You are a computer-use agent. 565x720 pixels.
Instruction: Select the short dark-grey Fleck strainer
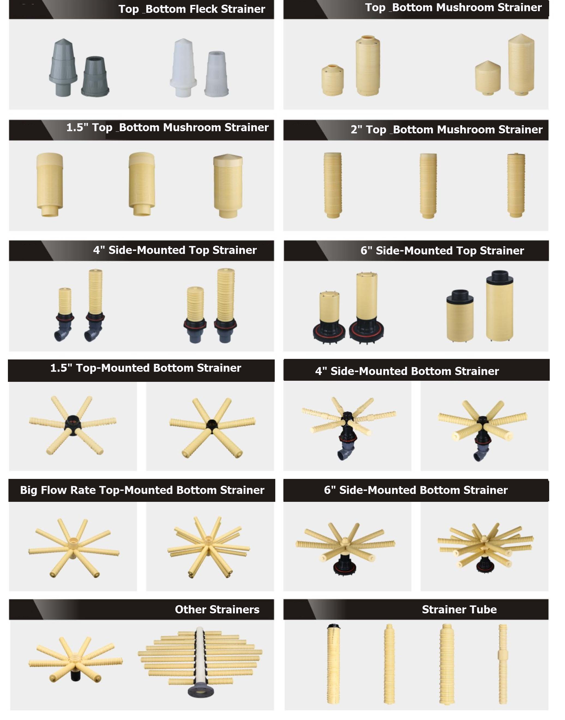[x=95, y=76]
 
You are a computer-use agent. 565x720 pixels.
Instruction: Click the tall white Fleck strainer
[x=183, y=68]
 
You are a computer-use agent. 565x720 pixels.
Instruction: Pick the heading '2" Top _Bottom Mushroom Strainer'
[x=447, y=130]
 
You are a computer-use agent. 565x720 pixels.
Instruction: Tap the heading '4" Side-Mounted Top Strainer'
[x=175, y=250]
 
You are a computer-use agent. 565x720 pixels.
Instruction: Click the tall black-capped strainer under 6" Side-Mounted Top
[x=500, y=306]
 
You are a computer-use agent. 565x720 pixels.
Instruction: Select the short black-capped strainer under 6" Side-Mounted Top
[x=460, y=316]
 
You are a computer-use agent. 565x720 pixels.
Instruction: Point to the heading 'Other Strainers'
[x=217, y=610]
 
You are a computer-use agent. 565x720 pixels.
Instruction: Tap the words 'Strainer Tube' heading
[x=459, y=610]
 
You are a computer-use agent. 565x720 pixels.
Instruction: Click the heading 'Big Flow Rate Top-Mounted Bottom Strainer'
[x=142, y=490]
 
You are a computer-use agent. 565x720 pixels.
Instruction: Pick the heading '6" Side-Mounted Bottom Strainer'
[x=416, y=490]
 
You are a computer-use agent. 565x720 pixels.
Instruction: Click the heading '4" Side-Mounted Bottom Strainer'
[x=407, y=371]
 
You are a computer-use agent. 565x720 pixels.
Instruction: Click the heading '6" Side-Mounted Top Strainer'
[x=442, y=251]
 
